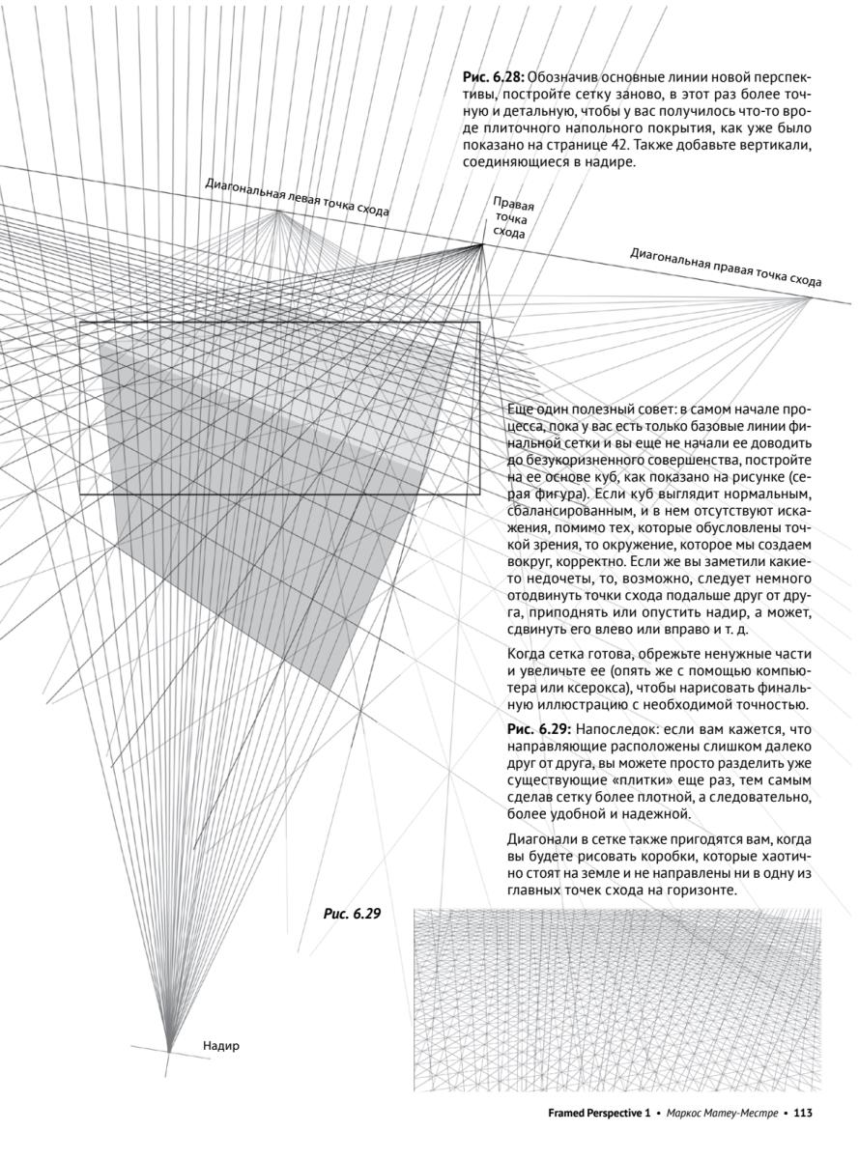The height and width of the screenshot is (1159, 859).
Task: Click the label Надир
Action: [221, 1045]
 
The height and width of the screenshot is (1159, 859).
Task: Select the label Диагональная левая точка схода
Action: [297, 198]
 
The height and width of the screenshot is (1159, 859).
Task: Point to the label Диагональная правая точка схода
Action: [725, 267]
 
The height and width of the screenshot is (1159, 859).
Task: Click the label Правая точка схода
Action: [512, 217]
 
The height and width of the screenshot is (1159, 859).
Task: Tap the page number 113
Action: [803, 1113]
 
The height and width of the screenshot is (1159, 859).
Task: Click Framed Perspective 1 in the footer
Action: [595, 1113]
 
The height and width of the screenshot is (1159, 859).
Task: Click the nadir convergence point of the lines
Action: [169, 1050]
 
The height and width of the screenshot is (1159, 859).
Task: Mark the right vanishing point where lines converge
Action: [482, 244]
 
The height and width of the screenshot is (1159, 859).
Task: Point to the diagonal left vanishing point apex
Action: [279, 211]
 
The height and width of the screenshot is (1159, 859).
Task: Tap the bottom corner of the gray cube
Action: [333, 692]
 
